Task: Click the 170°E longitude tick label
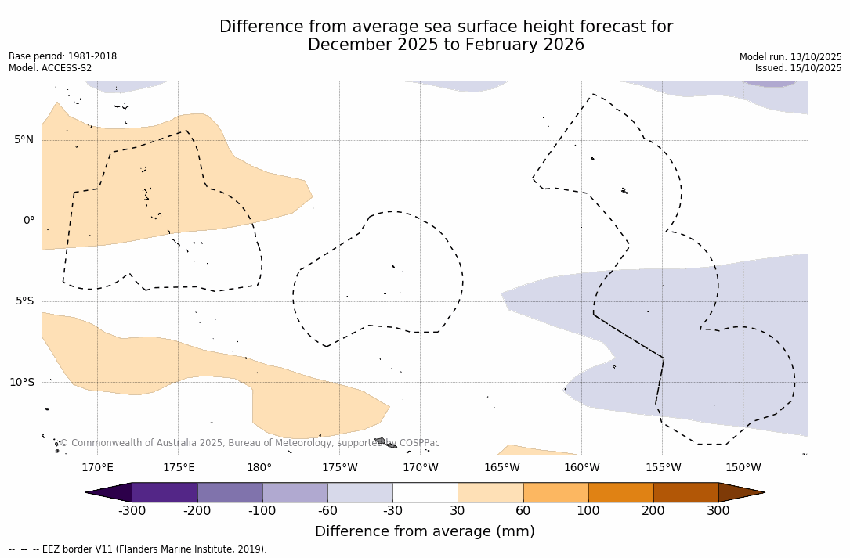[x=97, y=468]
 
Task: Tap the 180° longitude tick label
[x=259, y=468]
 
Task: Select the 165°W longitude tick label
[x=501, y=468]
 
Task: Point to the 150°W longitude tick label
[x=743, y=468]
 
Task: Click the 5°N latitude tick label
[x=24, y=140]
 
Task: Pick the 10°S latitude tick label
[x=22, y=383]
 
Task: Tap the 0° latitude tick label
[x=28, y=221]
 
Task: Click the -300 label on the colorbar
[x=132, y=511]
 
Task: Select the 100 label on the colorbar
[x=588, y=511]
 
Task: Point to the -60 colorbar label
[x=327, y=511]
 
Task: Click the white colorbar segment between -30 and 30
[x=425, y=492]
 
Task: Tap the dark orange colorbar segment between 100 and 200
[x=620, y=492]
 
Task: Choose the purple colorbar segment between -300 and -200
[x=165, y=492]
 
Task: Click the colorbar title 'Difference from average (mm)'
[x=425, y=532]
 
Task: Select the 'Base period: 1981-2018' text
[x=63, y=56]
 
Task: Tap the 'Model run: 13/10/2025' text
[x=790, y=57]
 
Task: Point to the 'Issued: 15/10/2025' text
[x=798, y=68]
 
